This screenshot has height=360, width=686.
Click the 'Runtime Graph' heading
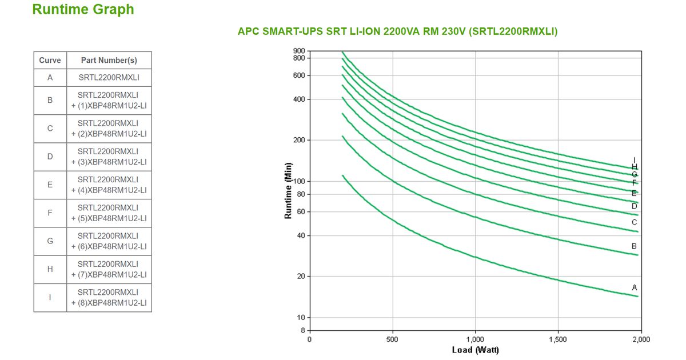click(x=83, y=10)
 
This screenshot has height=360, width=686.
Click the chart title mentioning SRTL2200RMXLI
click(x=397, y=31)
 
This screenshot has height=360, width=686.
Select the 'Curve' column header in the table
click(x=50, y=61)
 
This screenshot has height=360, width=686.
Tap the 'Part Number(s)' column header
click(x=109, y=61)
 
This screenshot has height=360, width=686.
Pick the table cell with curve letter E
click(x=50, y=185)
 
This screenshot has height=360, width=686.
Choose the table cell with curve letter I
click(x=50, y=297)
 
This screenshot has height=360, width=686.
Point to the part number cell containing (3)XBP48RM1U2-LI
click(x=109, y=157)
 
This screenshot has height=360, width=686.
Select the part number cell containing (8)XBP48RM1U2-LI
click(x=109, y=297)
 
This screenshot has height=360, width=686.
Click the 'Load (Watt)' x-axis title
click(x=475, y=350)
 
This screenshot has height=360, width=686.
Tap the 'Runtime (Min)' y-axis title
click(x=289, y=190)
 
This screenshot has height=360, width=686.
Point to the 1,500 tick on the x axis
click(x=558, y=339)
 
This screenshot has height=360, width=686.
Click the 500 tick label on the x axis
click(x=392, y=339)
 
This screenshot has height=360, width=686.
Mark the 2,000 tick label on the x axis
click(x=641, y=339)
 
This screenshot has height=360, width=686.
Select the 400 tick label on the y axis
click(x=299, y=99)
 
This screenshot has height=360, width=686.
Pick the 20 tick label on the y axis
click(x=301, y=277)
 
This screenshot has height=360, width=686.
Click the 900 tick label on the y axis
click(x=299, y=51)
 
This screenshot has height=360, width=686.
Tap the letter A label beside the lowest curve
click(x=635, y=287)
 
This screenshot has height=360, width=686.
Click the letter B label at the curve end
click(x=635, y=246)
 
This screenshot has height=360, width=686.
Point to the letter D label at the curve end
click(x=635, y=206)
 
